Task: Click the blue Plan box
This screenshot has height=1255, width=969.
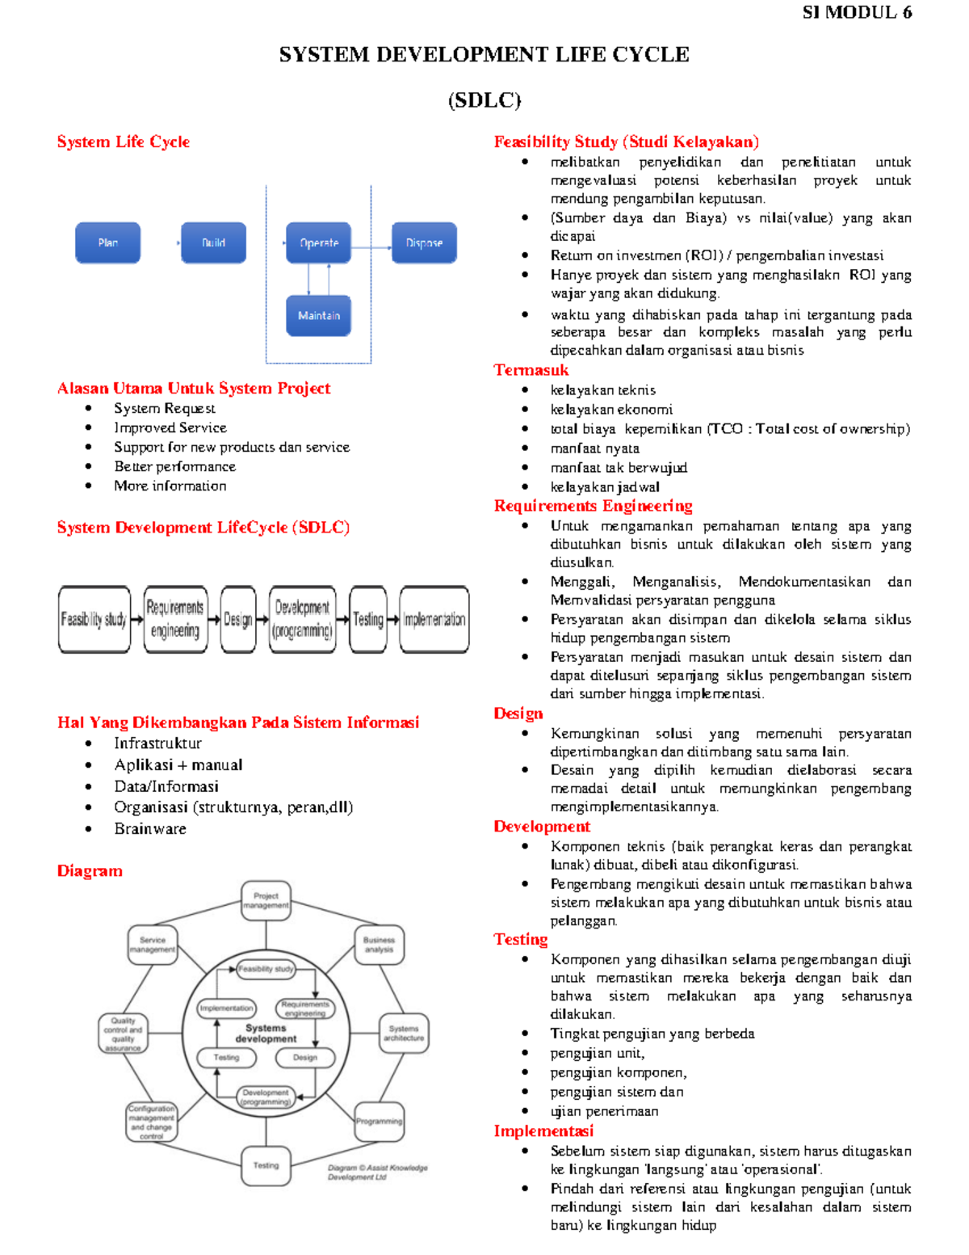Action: [107, 242]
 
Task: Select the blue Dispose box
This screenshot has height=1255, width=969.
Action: [424, 242]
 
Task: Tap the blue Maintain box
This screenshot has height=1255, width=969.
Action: [318, 315]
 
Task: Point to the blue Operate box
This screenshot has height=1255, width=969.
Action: [318, 242]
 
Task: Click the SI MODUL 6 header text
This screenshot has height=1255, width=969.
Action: [857, 12]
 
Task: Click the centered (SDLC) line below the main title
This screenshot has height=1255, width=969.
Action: [484, 100]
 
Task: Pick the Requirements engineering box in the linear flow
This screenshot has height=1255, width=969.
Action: [175, 619]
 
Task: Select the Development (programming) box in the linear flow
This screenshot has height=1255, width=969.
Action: [302, 619]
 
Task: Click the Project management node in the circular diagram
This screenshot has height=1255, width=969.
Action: [266, 900]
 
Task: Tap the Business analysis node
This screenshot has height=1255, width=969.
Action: [379, 945]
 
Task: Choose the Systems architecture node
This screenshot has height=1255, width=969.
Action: [404, 1033]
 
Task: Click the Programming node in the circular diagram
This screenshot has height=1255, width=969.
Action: [379, 1121]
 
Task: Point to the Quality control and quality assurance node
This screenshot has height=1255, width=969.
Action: [123, 1034]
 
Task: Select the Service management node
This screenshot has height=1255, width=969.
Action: [153, 945]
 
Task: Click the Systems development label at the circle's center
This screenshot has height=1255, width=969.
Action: [266, 1034]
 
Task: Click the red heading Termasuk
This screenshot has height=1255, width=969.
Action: [531, 370]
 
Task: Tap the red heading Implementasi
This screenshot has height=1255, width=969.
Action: [543, 1131]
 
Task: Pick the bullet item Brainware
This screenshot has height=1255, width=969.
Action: [150, 829]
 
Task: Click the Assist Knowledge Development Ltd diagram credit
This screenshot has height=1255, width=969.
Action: [376, 1173]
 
